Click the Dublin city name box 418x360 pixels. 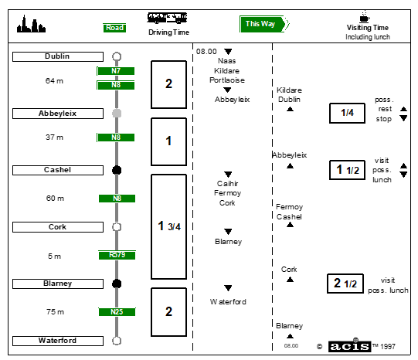pyautogui.click(x=58, y=56)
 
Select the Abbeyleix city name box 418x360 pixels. pyautogui.click(x=58, y=114)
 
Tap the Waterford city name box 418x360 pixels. pyautogui.click(x=58, y=341)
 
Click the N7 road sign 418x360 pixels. pyautogui.click(x=116, y=71)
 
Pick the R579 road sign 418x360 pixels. pyautogui.click(x=117, y=255)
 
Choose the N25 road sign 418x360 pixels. pyautogui.click(x=117, y=312)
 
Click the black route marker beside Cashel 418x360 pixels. pyautogui.click(x=117, y=170)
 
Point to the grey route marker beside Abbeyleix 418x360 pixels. pyautogui.click(x=117, y=114)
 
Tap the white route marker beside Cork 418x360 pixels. pyautogui.click(x=117, y=227)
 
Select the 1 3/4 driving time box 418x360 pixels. pyautogui.click(x=168, y=227)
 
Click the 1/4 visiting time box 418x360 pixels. pyautogui.click(x=347, y=113)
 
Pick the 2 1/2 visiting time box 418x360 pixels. pyautogui.click(x=345, y=284)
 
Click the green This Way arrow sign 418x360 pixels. pyautogui.click(x=264, y=24)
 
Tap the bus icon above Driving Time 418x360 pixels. pyautogui.click(x=168, y=18)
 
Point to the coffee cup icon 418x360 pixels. pyautogui.click(x=365, y=16)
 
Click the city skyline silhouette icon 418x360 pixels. pyautogui.click(x=31, y=25)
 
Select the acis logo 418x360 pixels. pyautogui.click(x=349, y=346)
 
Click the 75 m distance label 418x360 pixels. pyautogui.click(x=55, y=312)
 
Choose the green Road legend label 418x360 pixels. pyautogui.click(x=114, y=28)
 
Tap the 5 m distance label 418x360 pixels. pyautogui.click(x=54, y=256)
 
